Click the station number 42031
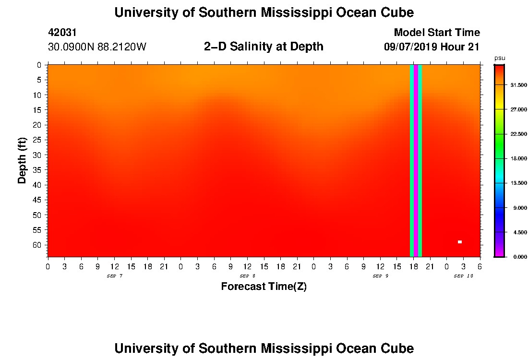(62, 33)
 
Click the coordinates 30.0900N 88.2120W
(97, 47)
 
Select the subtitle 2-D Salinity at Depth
(264, 47)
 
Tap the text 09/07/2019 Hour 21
(432, 47)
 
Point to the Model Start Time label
(437, 33)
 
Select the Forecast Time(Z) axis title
(264, 287)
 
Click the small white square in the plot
(459, 242)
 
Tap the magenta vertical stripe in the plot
(416, 161)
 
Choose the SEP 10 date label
(463, 276)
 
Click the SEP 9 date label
(380, 276)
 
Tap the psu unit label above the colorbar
(499, 58)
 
